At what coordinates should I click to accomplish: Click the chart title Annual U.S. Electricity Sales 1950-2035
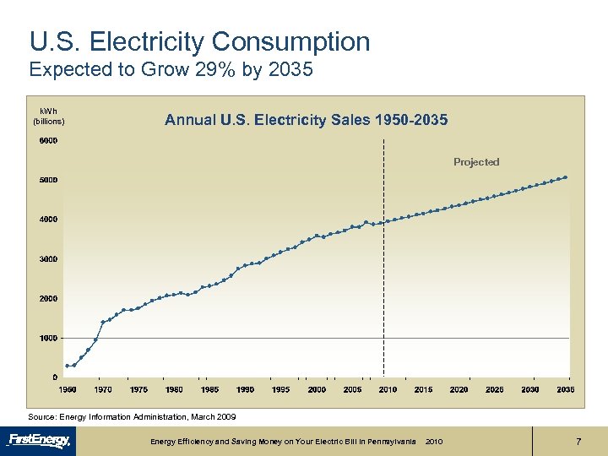[306, 120]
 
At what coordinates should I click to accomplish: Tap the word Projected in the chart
[476, 162]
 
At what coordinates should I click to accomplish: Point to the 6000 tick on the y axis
[48, 140]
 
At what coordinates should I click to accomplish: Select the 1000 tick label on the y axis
[48, 338]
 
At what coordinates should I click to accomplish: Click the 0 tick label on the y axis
[55, 377]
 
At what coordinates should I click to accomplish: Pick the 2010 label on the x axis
[388, 389]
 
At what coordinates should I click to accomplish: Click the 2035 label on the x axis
[565, 389]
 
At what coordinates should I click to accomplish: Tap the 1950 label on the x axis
[67, 389]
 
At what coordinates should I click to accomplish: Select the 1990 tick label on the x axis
[245, 389]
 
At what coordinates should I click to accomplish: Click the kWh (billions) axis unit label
[48, 117]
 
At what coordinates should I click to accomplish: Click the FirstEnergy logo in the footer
[40, 440]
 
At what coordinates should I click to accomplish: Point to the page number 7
[578, 442]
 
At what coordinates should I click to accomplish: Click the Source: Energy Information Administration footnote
[133, 417]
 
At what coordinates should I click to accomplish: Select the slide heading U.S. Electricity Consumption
[199, 41]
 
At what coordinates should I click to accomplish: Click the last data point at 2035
[565, 177]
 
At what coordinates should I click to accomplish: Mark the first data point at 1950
[67, 366]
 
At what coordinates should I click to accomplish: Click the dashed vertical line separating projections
[384, 253]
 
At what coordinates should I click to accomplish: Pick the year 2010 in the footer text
[434, 442]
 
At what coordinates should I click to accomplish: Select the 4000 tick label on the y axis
[48, 220]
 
